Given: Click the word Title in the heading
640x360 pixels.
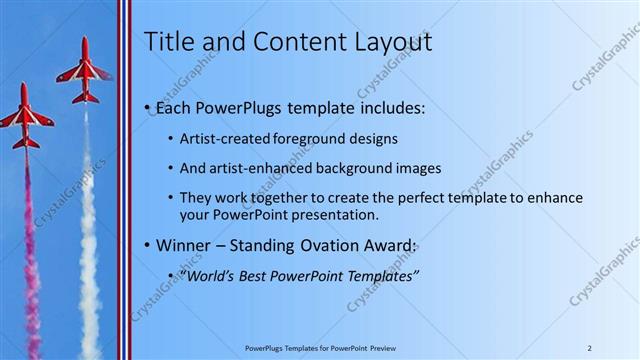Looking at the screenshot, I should point(168,42).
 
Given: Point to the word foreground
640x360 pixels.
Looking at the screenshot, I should point(316,139).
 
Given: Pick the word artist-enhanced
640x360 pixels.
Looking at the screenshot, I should point(258,169).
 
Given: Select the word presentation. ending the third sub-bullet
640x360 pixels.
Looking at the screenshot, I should point(332,215).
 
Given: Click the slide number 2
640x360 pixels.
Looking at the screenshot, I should point(589,347).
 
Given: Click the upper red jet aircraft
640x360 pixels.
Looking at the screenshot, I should point(83,73).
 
